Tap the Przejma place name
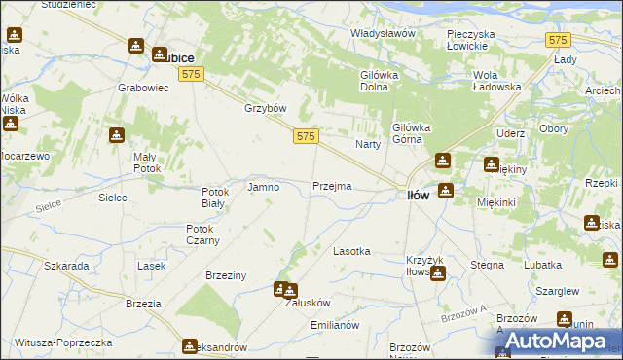(332, 186)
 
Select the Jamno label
(264, 186)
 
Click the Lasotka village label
(351, 251)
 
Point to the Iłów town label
(418, 195)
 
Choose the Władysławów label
(383, 33)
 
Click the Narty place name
(367, 144)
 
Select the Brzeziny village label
(226, 276)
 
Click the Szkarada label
(66, 266)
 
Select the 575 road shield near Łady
(558, 40)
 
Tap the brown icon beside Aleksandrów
(190, 344)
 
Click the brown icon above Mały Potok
(117, 136)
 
